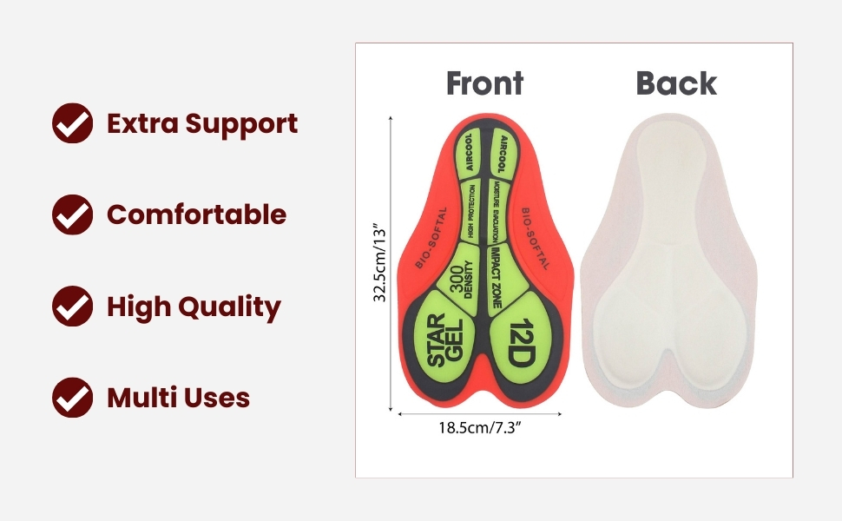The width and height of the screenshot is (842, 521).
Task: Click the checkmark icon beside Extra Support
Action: pyautogui.click(x=73, y=123)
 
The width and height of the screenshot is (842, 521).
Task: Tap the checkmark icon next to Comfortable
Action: pyautogui.click(x=73, y=214)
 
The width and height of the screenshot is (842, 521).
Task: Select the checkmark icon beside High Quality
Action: pyautogui.click(x=73, y=306)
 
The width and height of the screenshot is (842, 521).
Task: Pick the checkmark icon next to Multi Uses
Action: pyautogui.click(x=73, y=398)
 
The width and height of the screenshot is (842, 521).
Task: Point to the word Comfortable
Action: pyautogui.click(x=196, y=214)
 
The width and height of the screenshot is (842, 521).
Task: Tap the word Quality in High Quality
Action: pyautogui.click(x=229, y=307)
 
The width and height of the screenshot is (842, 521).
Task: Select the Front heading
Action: pyautogui.click(x=485, y=83)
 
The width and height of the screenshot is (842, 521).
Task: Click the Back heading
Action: pyautogui.click(x=676, y=83)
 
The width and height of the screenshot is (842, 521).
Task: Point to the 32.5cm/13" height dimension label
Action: pyautogui.click(x=379, y=264)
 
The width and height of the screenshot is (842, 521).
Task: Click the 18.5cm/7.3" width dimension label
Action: pyautogui.click(x=480, y=428)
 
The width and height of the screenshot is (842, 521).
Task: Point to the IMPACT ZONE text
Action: pyautogui.click(x=496, y=278)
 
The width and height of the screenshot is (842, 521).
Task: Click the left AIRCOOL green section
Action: pyautogui.click(x=468, y=153)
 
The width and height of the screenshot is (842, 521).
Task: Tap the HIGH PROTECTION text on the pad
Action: pyautogui.click(x=471, y=211)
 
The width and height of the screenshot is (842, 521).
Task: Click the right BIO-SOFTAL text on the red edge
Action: pyautogui.click(x=536, y=239)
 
